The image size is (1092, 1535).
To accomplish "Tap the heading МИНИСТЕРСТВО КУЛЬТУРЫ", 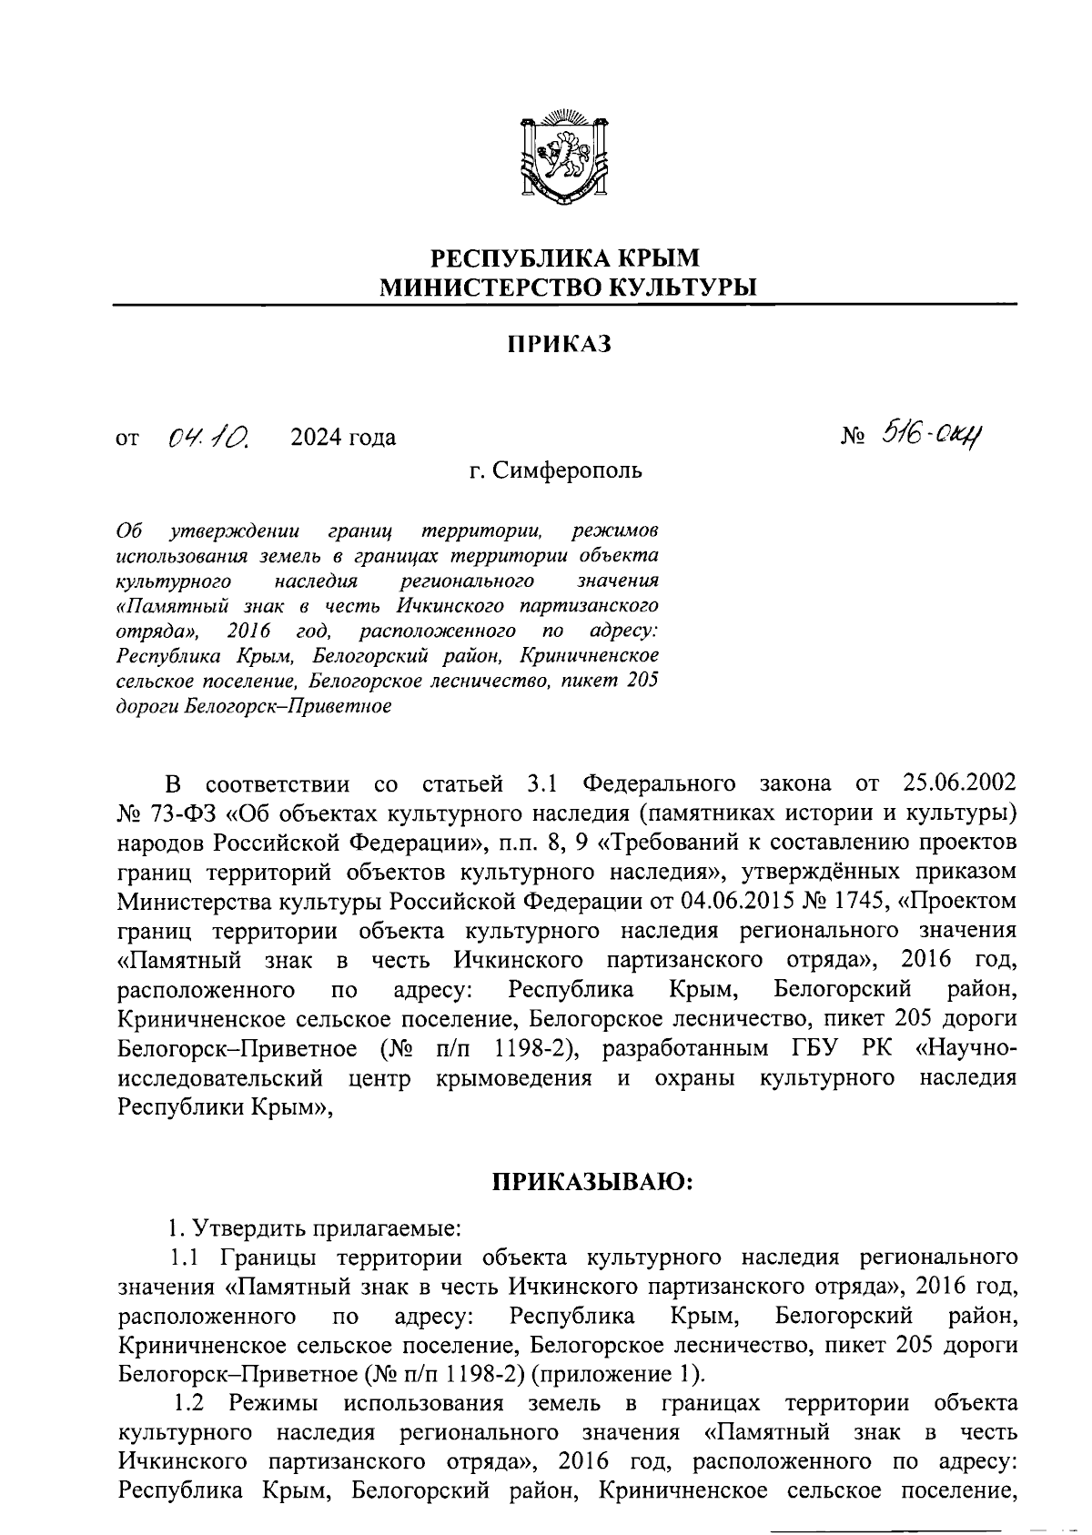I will coord(568,288).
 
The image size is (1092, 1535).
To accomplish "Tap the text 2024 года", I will coord(343,439).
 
